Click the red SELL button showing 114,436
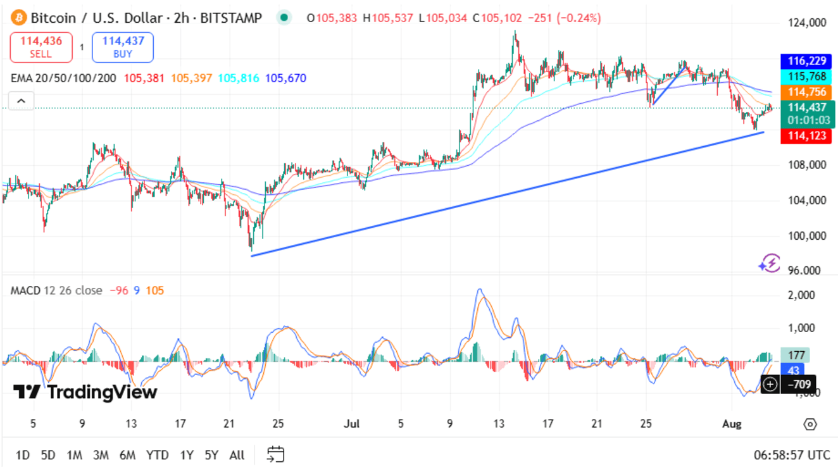click(41, 47)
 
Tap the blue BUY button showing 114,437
click(123, 47)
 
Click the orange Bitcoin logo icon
click(19, 18)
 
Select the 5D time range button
click(48, 455)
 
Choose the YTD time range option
click(157, 455)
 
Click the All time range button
click(237, 455)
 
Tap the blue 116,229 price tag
click(806, 61)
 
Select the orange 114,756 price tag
click(806, 92)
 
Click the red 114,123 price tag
click(806, 135)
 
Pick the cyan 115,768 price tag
click(806, 77)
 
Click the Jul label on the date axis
click(352, 424)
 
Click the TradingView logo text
click(85, 392)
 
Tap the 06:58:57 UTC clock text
click(791, 455)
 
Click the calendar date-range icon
click(275, 454)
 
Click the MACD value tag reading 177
click(795, 355)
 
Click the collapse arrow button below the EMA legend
click(21, 101)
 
